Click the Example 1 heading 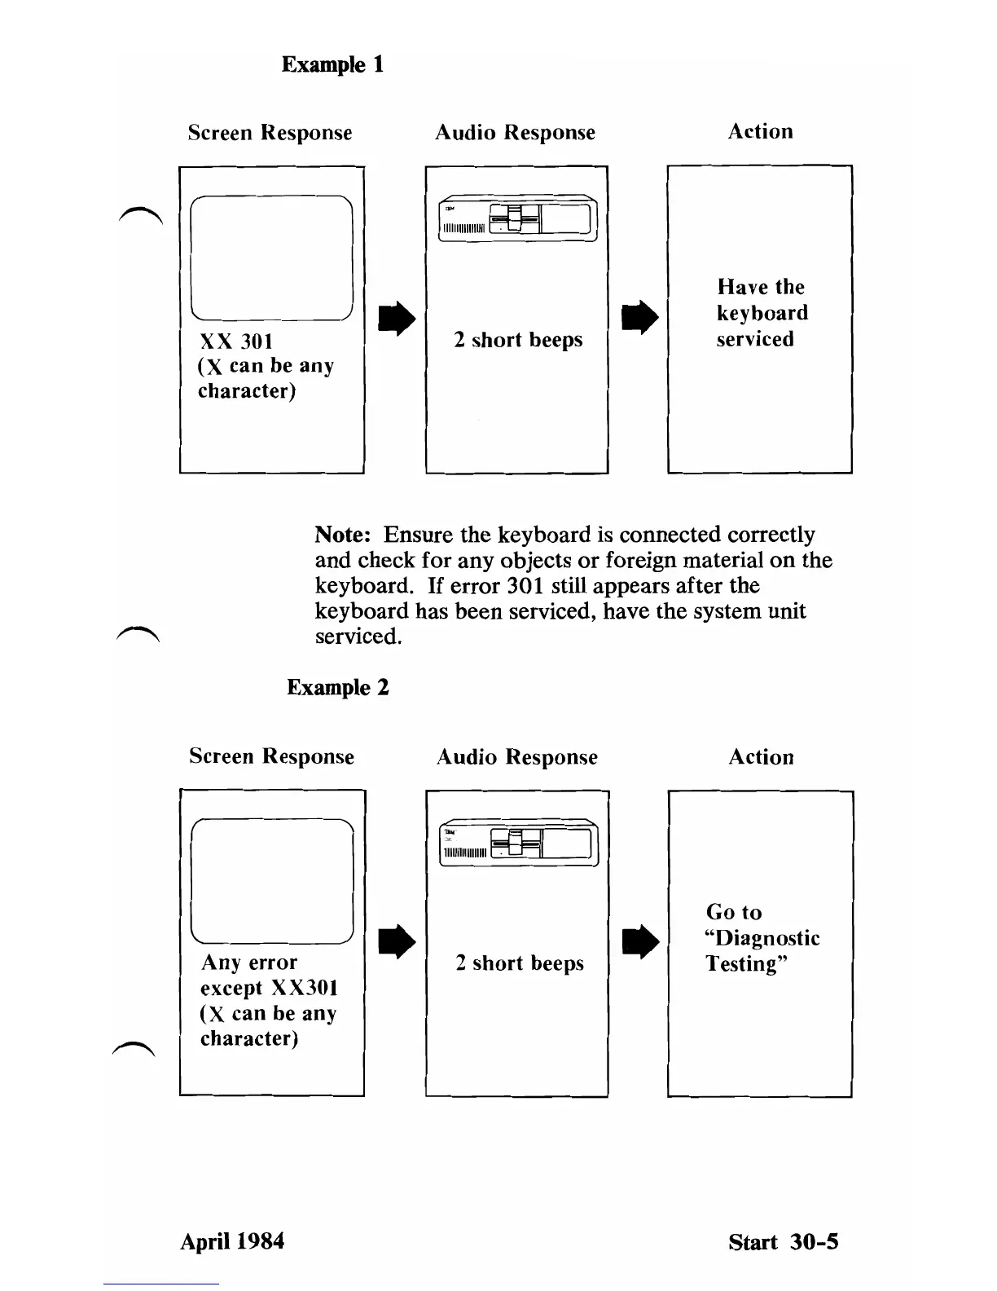[x=332, y=64]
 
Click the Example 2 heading [x=338, y=687]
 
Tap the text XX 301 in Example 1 [x=236, y=341]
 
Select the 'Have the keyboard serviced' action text [x=762, y=313]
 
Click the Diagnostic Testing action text [x=762, y=938]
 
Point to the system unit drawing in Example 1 [x=518, y=219]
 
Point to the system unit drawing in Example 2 [x=519, y=843]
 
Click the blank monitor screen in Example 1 [x=271, y=258]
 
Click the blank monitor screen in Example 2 [x=272, y=881]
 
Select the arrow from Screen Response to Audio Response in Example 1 [x=397, y=319]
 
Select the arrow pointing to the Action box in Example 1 [x=639, y=318]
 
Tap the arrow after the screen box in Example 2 [x=397, y=942]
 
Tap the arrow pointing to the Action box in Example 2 [x=639, y=942]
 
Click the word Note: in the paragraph [x=343, y=535]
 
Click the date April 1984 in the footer [x=232, y=1241]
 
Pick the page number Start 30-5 [x=784, y=1242]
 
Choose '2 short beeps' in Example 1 [x=518, y=340]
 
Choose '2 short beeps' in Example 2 [x=520, y=963]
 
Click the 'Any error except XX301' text [x=269, y=976]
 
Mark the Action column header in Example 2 [x=761, y=757]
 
